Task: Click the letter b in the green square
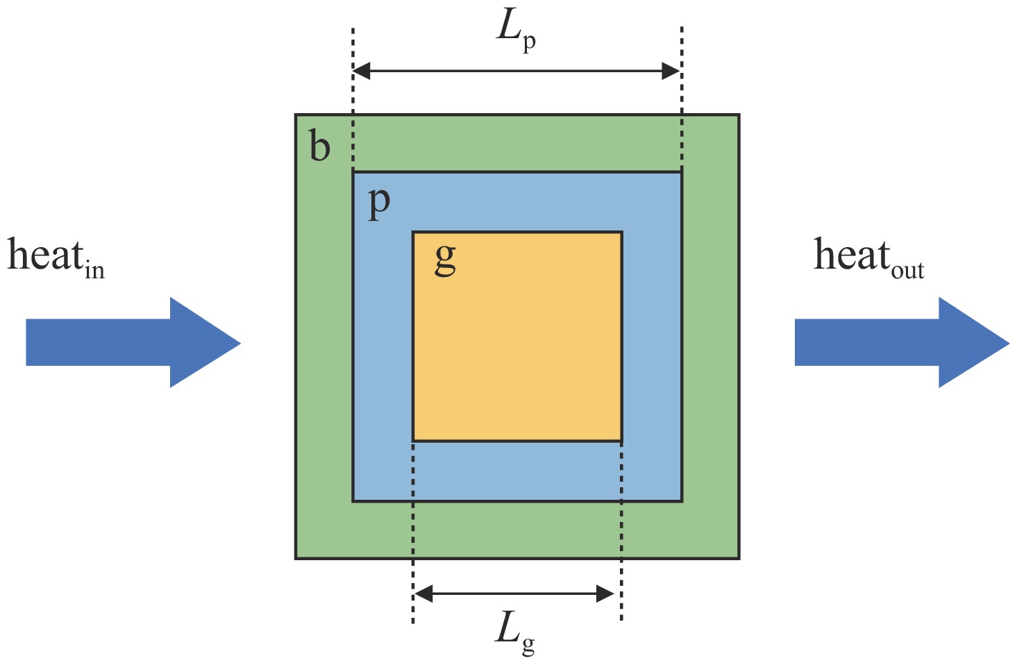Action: pyautogui.click(x=320, y=148)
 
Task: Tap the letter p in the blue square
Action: pyautogui.click(x=379, y=203)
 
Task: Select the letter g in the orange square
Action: pyautogui.click(x=445, y=260)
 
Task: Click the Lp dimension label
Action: pyautogui.click(x=516, y=31)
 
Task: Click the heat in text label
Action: pyautogui.click(x=56, y=258)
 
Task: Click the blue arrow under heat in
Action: pyautogui.click(x=132, y=342)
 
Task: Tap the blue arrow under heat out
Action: pyautogui.click(x=901, y=342)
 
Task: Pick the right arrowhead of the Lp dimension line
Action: pyautogui.click(x=671, y=71)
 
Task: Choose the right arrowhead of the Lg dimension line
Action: pyautogui.click(x=606, y=594)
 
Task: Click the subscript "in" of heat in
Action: pyautogui.click(x=94, y=270)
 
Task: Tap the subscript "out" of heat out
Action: pyautogui.click(x=907, y=271)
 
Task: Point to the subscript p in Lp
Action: pyautogui.click(x=530, y=44)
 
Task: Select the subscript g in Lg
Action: pyautogui.click(x=528, y=646)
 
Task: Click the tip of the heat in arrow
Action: pyautogui.click(x=239, y=342)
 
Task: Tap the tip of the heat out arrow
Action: pyautogui.click(x=1008, y=342)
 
